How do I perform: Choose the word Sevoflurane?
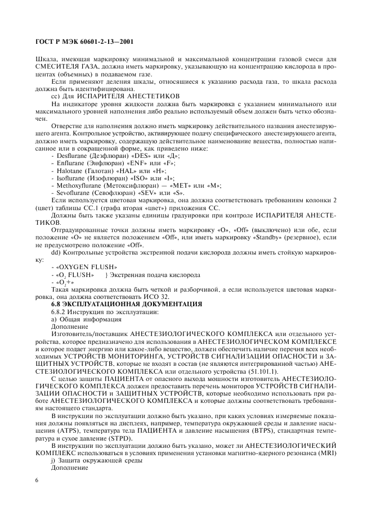point(71,192)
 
